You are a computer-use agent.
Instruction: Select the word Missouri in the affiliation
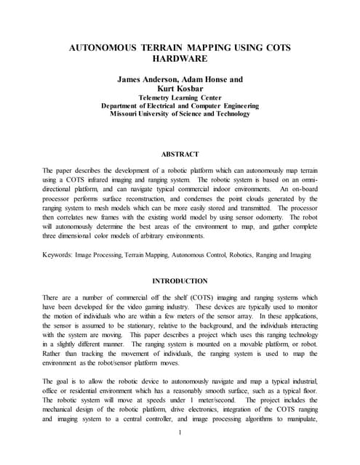pyautogui.click(x=129, y=113)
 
